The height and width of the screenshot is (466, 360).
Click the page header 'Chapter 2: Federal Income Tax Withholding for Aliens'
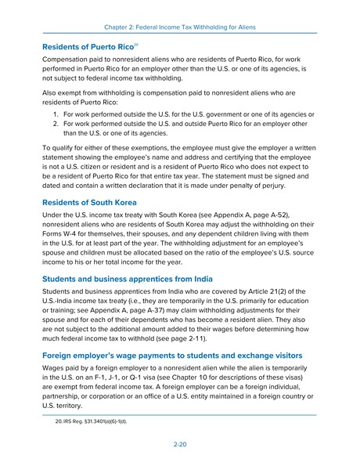(x=179, y=27)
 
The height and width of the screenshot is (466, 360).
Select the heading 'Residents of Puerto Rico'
(x=88, y=48)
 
